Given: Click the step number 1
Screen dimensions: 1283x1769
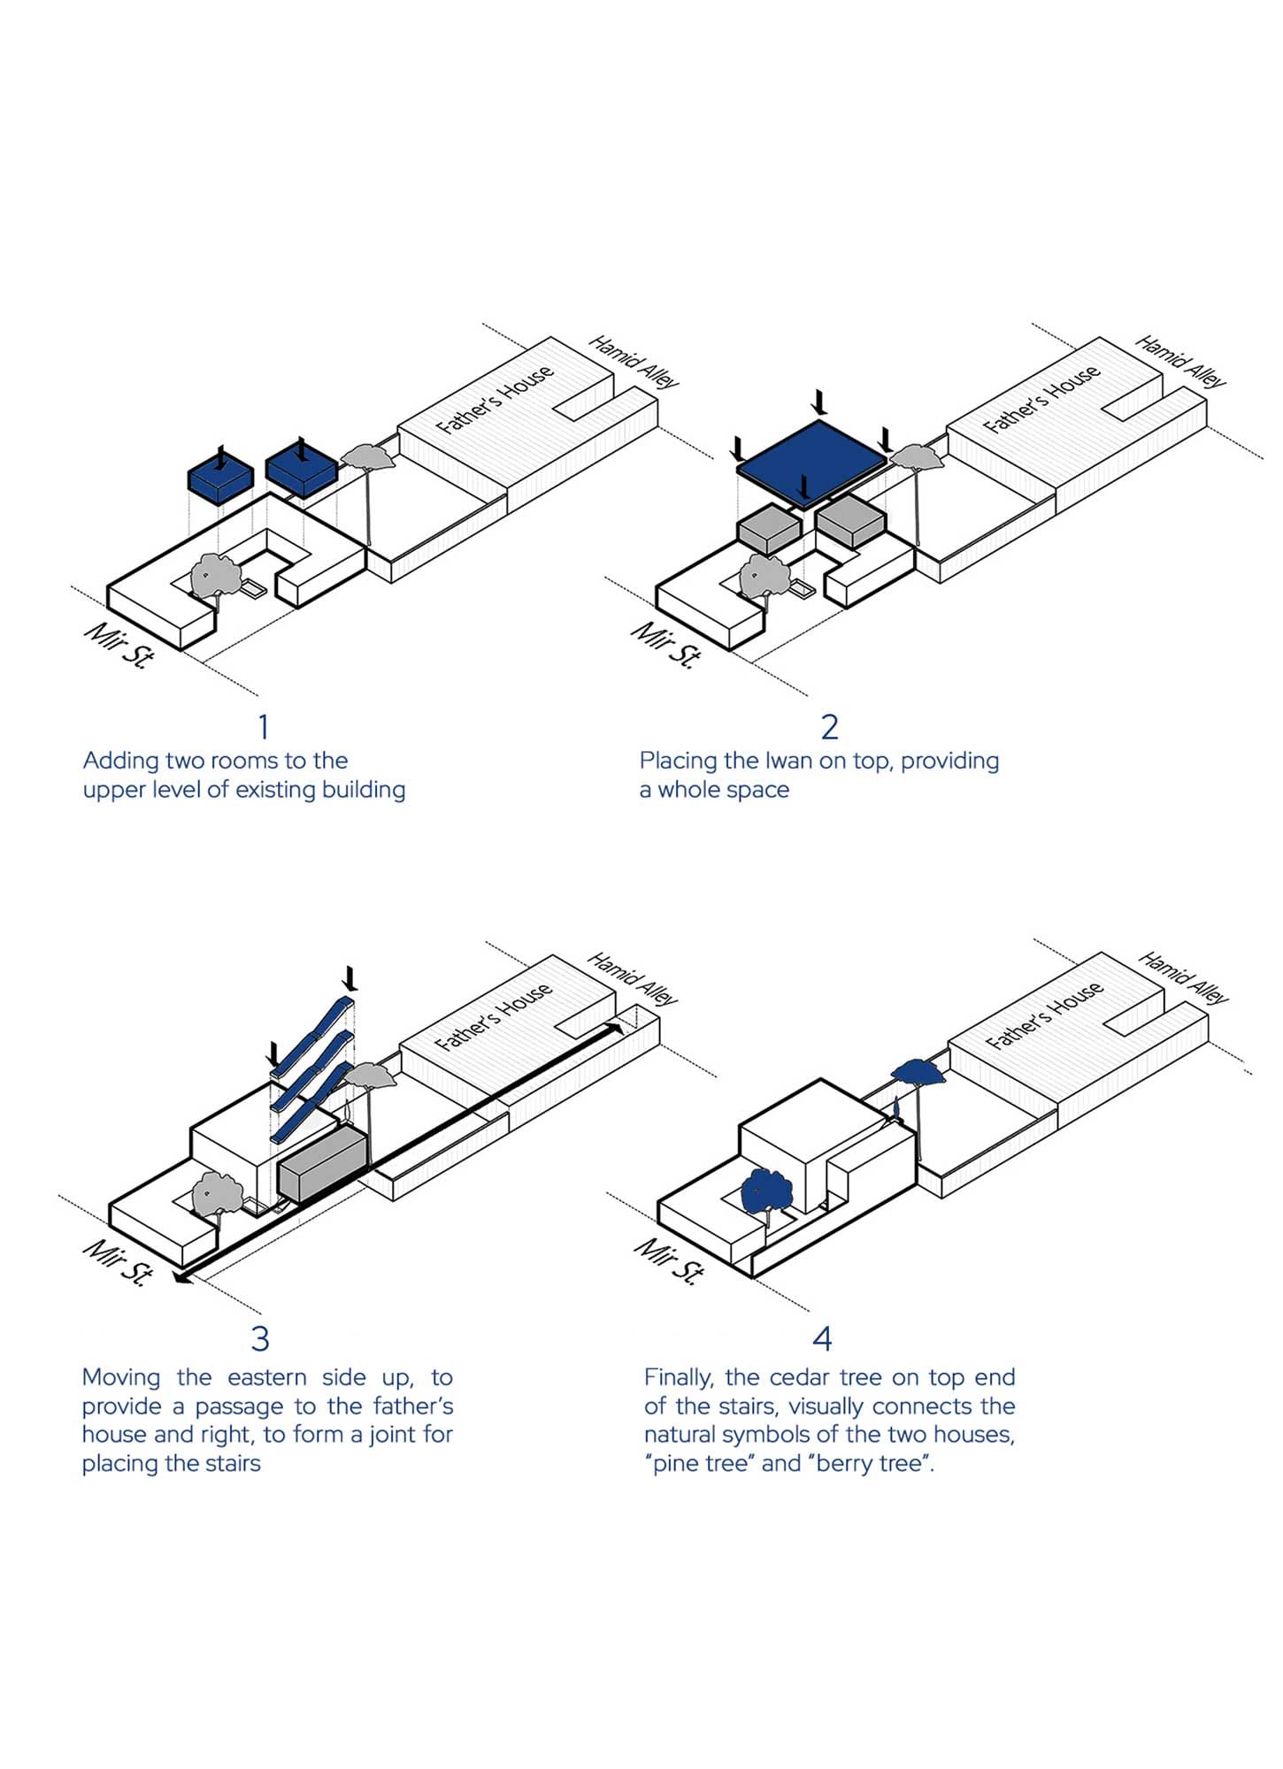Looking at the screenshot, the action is click(263, 727).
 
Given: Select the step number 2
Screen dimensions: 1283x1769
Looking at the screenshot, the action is click(829, 727).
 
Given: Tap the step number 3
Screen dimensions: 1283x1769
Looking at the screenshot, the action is click(260, 1338).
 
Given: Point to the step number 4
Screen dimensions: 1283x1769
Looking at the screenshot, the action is click(822, 1338).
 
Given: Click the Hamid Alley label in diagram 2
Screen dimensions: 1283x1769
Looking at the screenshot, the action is click(1181, 361).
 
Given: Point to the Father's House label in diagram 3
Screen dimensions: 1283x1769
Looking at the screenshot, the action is click(495, 1016).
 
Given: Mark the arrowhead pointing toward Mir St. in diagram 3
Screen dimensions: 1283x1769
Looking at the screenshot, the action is click(183, 1276).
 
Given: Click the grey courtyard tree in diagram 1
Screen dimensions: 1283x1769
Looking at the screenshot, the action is click(217, 575).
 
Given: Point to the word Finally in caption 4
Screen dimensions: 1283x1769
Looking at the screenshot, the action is click(679, 1378).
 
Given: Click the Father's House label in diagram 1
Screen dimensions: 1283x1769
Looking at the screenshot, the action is click(496, 399).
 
